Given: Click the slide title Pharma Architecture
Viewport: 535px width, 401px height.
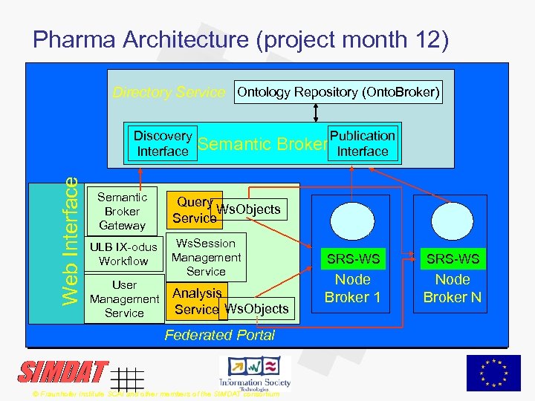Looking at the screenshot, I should point(241,40).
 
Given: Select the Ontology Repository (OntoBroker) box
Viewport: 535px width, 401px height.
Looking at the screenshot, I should point(338,92).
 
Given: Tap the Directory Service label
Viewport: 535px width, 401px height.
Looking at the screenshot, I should point(168,93).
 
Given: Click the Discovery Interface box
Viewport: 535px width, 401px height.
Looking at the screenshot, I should point(163,143).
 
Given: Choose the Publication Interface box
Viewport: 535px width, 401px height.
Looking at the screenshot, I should point(362,143).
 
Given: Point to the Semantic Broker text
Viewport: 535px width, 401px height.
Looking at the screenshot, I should point(263,144).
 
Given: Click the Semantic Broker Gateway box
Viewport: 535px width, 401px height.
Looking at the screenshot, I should point(123,211).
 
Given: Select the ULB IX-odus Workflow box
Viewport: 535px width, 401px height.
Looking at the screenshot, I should point(123,254).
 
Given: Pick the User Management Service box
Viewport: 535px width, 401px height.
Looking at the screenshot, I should point(124,299).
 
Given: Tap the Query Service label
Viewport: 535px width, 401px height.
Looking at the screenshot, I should point(195,210).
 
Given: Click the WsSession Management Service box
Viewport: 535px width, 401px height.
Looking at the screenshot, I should point(206,257).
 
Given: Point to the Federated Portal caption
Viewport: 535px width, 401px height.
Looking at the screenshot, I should point(219,335).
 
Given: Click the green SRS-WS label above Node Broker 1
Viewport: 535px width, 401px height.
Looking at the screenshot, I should point(353,259).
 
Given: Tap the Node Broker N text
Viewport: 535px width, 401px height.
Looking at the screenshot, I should point(453,288).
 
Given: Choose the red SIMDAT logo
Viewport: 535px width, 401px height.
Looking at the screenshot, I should point(63,371).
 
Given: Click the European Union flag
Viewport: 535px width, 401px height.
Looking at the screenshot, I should point(493,373).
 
